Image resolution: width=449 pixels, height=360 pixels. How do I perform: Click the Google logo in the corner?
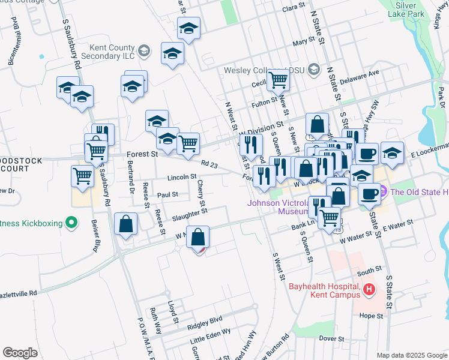pos(20,353)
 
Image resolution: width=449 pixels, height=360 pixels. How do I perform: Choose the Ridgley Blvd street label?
pos(205,320)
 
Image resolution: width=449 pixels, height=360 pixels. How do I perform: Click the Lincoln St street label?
pos(182,177)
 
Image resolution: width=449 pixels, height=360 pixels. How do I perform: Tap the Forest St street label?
pos(142,155)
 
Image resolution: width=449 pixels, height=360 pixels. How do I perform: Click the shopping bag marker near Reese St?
pos(127,225)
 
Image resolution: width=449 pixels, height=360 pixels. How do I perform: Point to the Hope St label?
pos(371,315)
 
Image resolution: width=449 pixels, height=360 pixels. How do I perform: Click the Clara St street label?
pos(294,7)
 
